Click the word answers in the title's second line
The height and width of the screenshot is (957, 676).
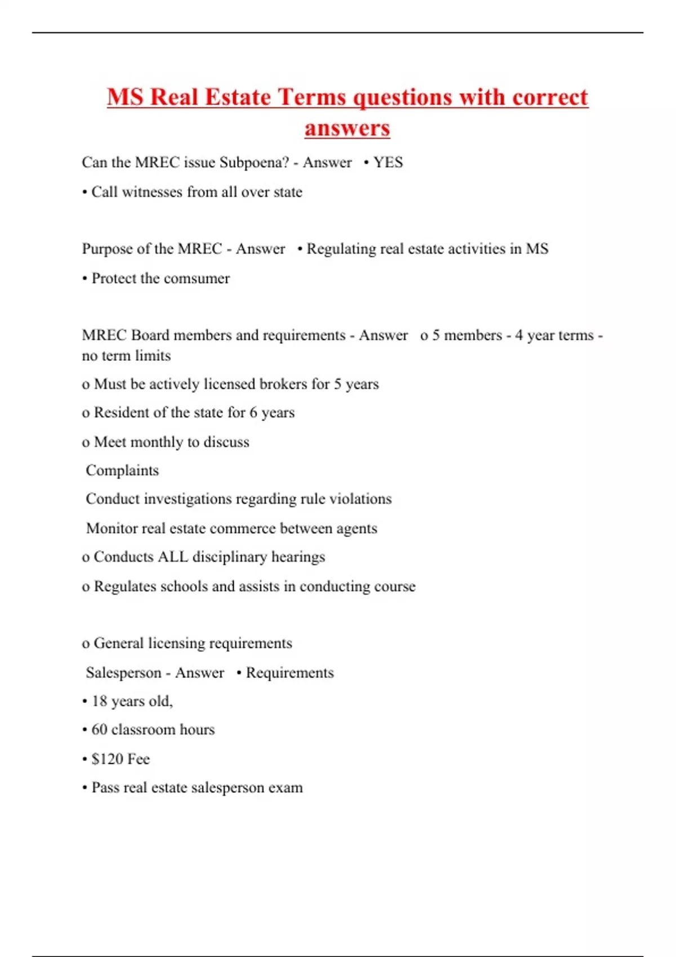347,128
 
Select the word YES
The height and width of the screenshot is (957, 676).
388,163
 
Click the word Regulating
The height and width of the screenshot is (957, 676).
341,249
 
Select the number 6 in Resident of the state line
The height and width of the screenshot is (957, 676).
253,413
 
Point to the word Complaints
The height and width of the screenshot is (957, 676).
122,471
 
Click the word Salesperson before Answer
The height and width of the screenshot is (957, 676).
123,673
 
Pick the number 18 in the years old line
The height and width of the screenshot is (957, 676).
99,701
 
